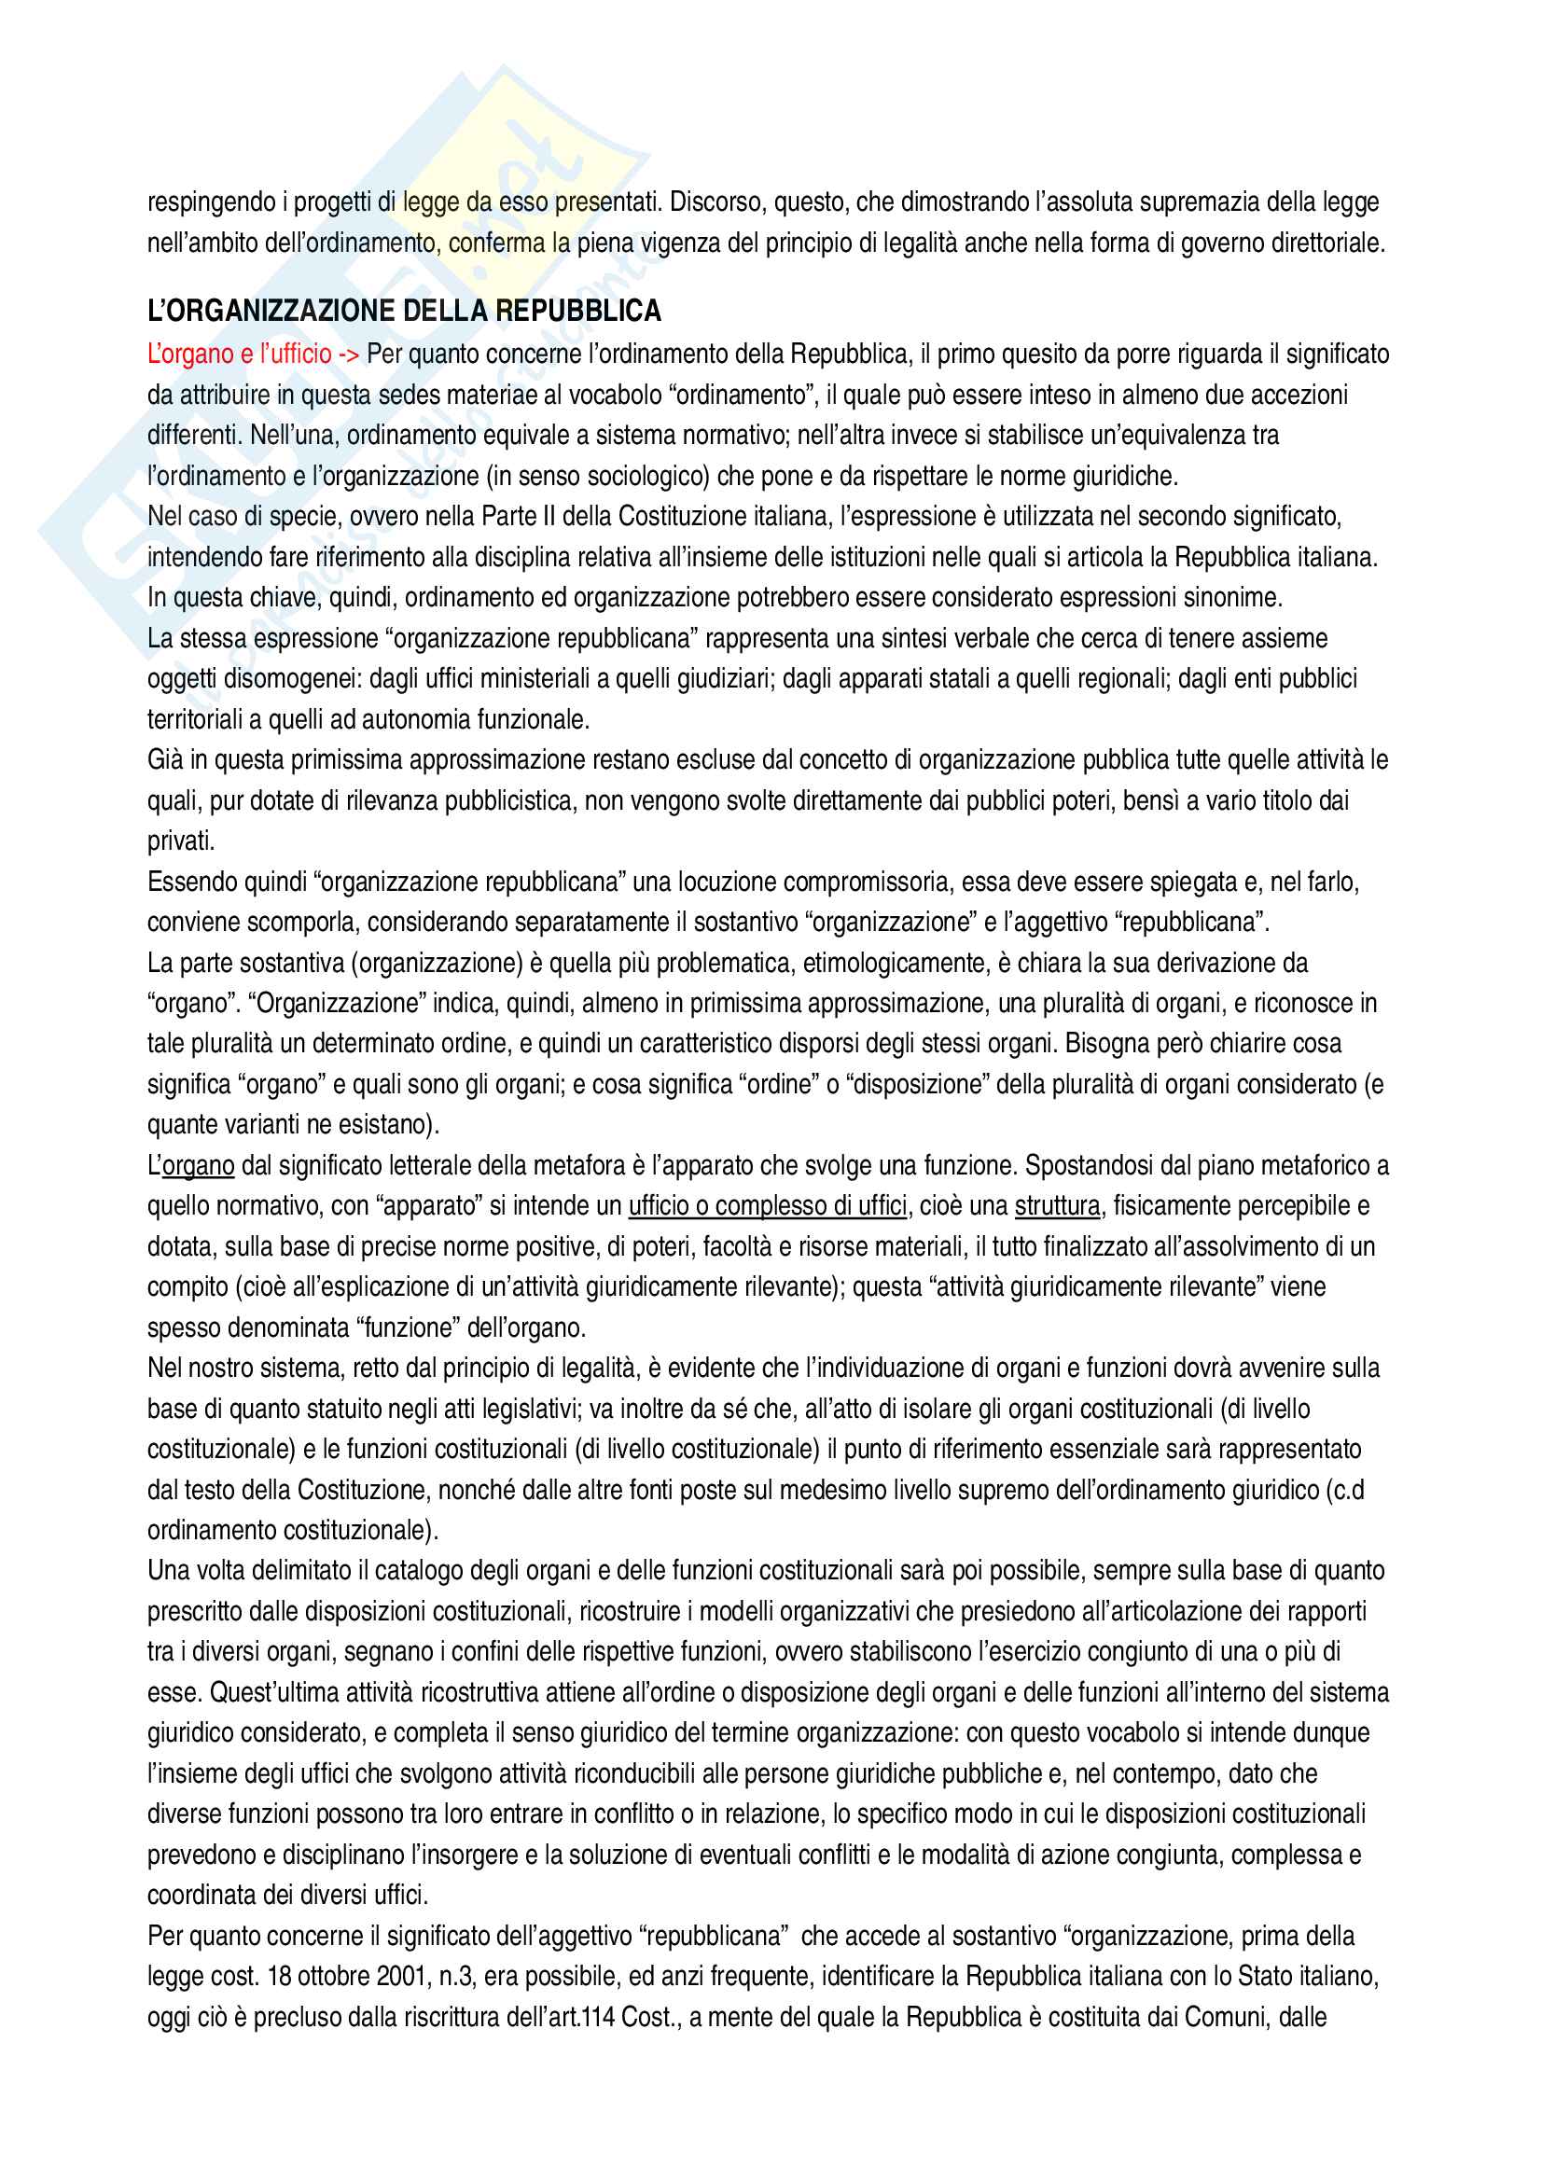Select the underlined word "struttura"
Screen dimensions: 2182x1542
pyautogui.click(x=1058, y=1206)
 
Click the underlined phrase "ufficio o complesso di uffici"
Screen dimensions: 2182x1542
pyautogui.click(x=768, y=1206)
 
